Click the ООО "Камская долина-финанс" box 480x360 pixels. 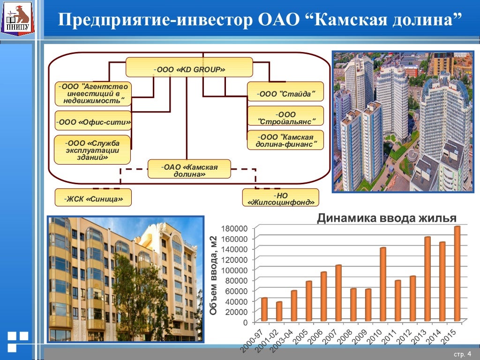point(285,140)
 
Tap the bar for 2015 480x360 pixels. point(457,274)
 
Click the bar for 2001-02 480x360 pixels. point(279,312)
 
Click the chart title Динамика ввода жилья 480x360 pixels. point(386,218)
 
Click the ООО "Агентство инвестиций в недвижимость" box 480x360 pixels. point(93,93)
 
